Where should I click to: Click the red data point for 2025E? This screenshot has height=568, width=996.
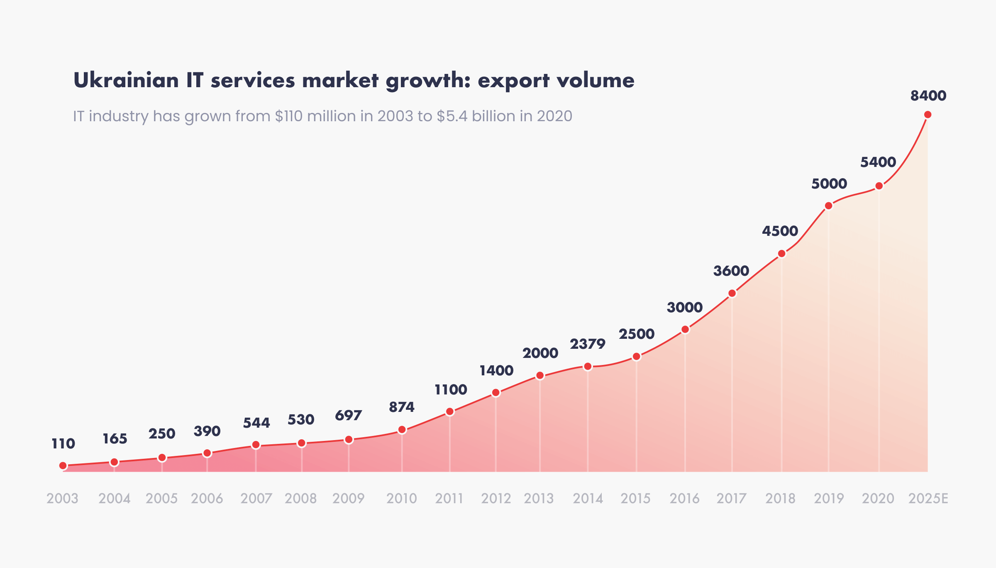(928, 115)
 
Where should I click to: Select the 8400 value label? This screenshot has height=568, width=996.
(928, 96)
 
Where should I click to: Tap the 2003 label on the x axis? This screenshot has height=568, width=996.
(62, 498)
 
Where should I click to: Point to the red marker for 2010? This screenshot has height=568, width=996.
(402, 430)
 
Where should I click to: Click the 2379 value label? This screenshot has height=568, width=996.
(587, 344)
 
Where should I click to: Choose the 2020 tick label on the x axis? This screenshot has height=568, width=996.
(878, 498)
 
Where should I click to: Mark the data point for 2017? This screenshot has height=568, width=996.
(732, 294)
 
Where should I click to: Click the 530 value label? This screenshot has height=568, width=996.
(301, 420)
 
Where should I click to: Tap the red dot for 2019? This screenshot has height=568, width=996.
(828, 206)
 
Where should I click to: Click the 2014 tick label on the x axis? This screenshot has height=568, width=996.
(588, 498)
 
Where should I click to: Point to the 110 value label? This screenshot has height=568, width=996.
(63, 444)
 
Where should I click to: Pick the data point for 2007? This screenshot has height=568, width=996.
(256, 445)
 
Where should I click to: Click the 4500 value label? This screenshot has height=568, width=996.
(780, 231)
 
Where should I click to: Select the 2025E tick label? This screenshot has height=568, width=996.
(928, 498)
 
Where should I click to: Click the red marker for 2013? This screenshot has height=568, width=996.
(540, 376)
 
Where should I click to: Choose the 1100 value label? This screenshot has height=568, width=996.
(451, 390)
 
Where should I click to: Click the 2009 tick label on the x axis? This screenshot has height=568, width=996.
(348, 498)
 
